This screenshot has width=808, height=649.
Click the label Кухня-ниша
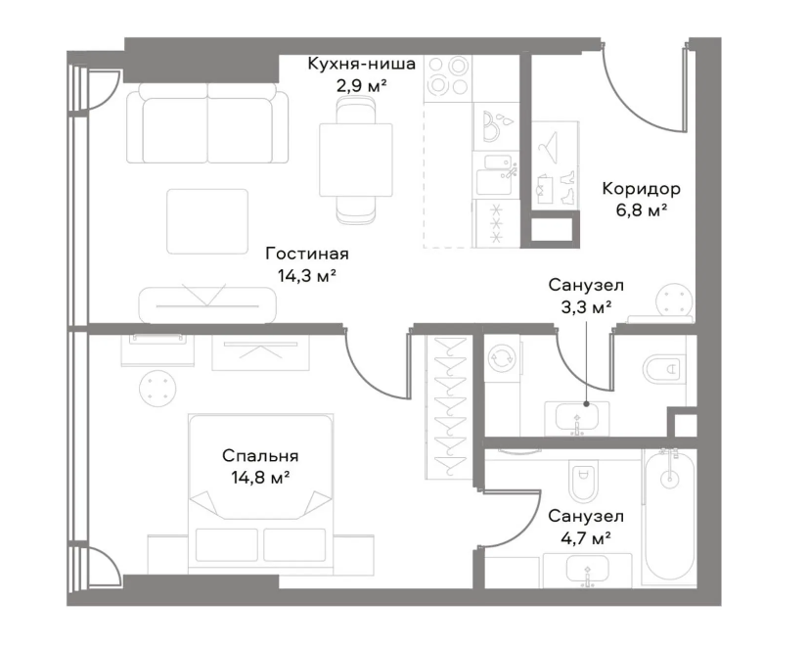(361, 65)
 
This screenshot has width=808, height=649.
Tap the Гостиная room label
(307, 254)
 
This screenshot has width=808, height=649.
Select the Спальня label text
(260, 456)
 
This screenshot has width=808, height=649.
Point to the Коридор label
(641, 189)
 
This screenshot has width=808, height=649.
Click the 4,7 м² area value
(586, 539)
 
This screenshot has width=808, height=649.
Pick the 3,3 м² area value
(586, 307)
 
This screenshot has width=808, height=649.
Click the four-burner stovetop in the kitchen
(448, 78)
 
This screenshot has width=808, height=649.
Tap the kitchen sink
(495, 173)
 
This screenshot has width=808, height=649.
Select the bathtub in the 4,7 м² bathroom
(669, 516)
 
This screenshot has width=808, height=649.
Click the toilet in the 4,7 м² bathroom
(583, 480)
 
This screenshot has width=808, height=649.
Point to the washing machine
(503, 356)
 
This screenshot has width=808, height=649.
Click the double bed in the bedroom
(261, 493)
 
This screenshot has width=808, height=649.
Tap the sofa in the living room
(207, 122)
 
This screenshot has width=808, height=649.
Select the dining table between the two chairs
(355, 160)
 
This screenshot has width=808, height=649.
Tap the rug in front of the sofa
(207, 221)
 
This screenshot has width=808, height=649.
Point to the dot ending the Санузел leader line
(586, 404)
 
